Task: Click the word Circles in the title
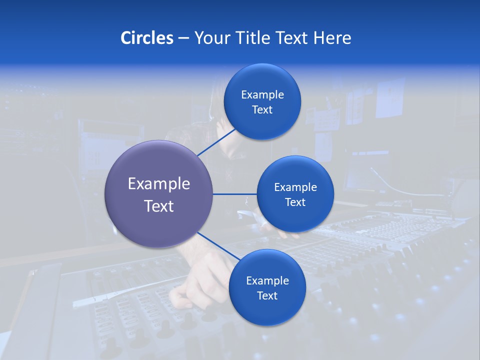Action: click(146, 38)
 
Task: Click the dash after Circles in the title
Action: click(183, 38)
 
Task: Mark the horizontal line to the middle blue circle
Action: click(234, 194)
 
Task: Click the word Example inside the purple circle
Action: click(159, 184)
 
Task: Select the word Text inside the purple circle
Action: click(159, 206)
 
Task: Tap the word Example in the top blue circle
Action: click(262, 95)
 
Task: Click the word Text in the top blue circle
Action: click(262, 110)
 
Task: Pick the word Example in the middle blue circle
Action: click(295, 187)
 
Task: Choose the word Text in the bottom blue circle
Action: click(267, 296)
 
